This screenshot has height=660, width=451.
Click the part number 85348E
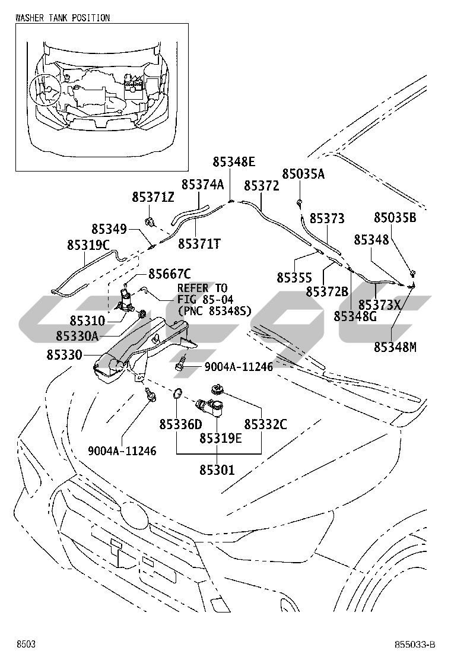click(x=234, y=161)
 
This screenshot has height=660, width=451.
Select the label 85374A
click(x=202, y=185)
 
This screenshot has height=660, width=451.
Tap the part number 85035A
click(x=303, y=174)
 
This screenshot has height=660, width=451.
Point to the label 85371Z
click(x=153, y=197)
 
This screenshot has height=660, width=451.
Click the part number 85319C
click(x=88, y=245)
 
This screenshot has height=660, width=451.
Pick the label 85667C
click(x=169, y=274)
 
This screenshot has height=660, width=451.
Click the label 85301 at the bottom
click(x=217, y=470)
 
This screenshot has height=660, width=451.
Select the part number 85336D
click(x=180, y=424)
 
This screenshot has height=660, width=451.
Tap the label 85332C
click(x=265, y=424)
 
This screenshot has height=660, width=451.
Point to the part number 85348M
click(x=395, y=347)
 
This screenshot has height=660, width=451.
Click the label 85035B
click(x=395, y=218)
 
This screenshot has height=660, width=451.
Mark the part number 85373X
click(x=380, y=305)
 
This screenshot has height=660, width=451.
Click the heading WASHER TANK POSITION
click(x=62, y=18)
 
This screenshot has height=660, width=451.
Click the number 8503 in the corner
click(x=26, y=645)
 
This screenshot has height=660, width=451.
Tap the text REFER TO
click(x=202, y=288)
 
